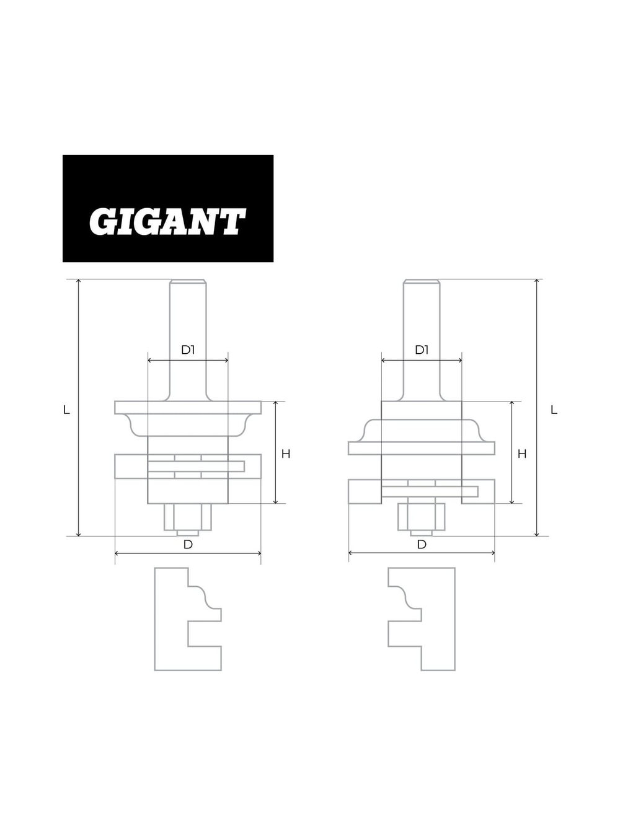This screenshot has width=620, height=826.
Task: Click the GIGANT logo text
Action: (x=167, y=221)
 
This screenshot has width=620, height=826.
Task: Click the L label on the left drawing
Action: (x=66, y=410)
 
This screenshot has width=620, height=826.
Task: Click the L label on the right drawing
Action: (x=554, y=410)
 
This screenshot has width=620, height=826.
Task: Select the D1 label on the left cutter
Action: (x=188, y=350)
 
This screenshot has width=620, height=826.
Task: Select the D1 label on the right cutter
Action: (x=422, y=350)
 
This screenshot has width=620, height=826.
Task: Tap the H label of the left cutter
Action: (x=286, y=454)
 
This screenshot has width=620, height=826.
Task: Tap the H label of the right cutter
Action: (x=522, y=454)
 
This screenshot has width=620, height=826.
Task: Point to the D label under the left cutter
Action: (x=188, y=545)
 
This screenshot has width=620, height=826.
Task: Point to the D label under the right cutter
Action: (x=422, y=545)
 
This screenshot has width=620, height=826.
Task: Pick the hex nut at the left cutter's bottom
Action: (x=188, y=517)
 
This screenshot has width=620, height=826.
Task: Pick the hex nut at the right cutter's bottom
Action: (x=422, y=517)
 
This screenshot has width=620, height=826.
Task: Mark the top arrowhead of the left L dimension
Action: (x=79, y=283)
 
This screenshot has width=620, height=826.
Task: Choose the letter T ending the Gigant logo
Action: (x=232, y=222)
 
